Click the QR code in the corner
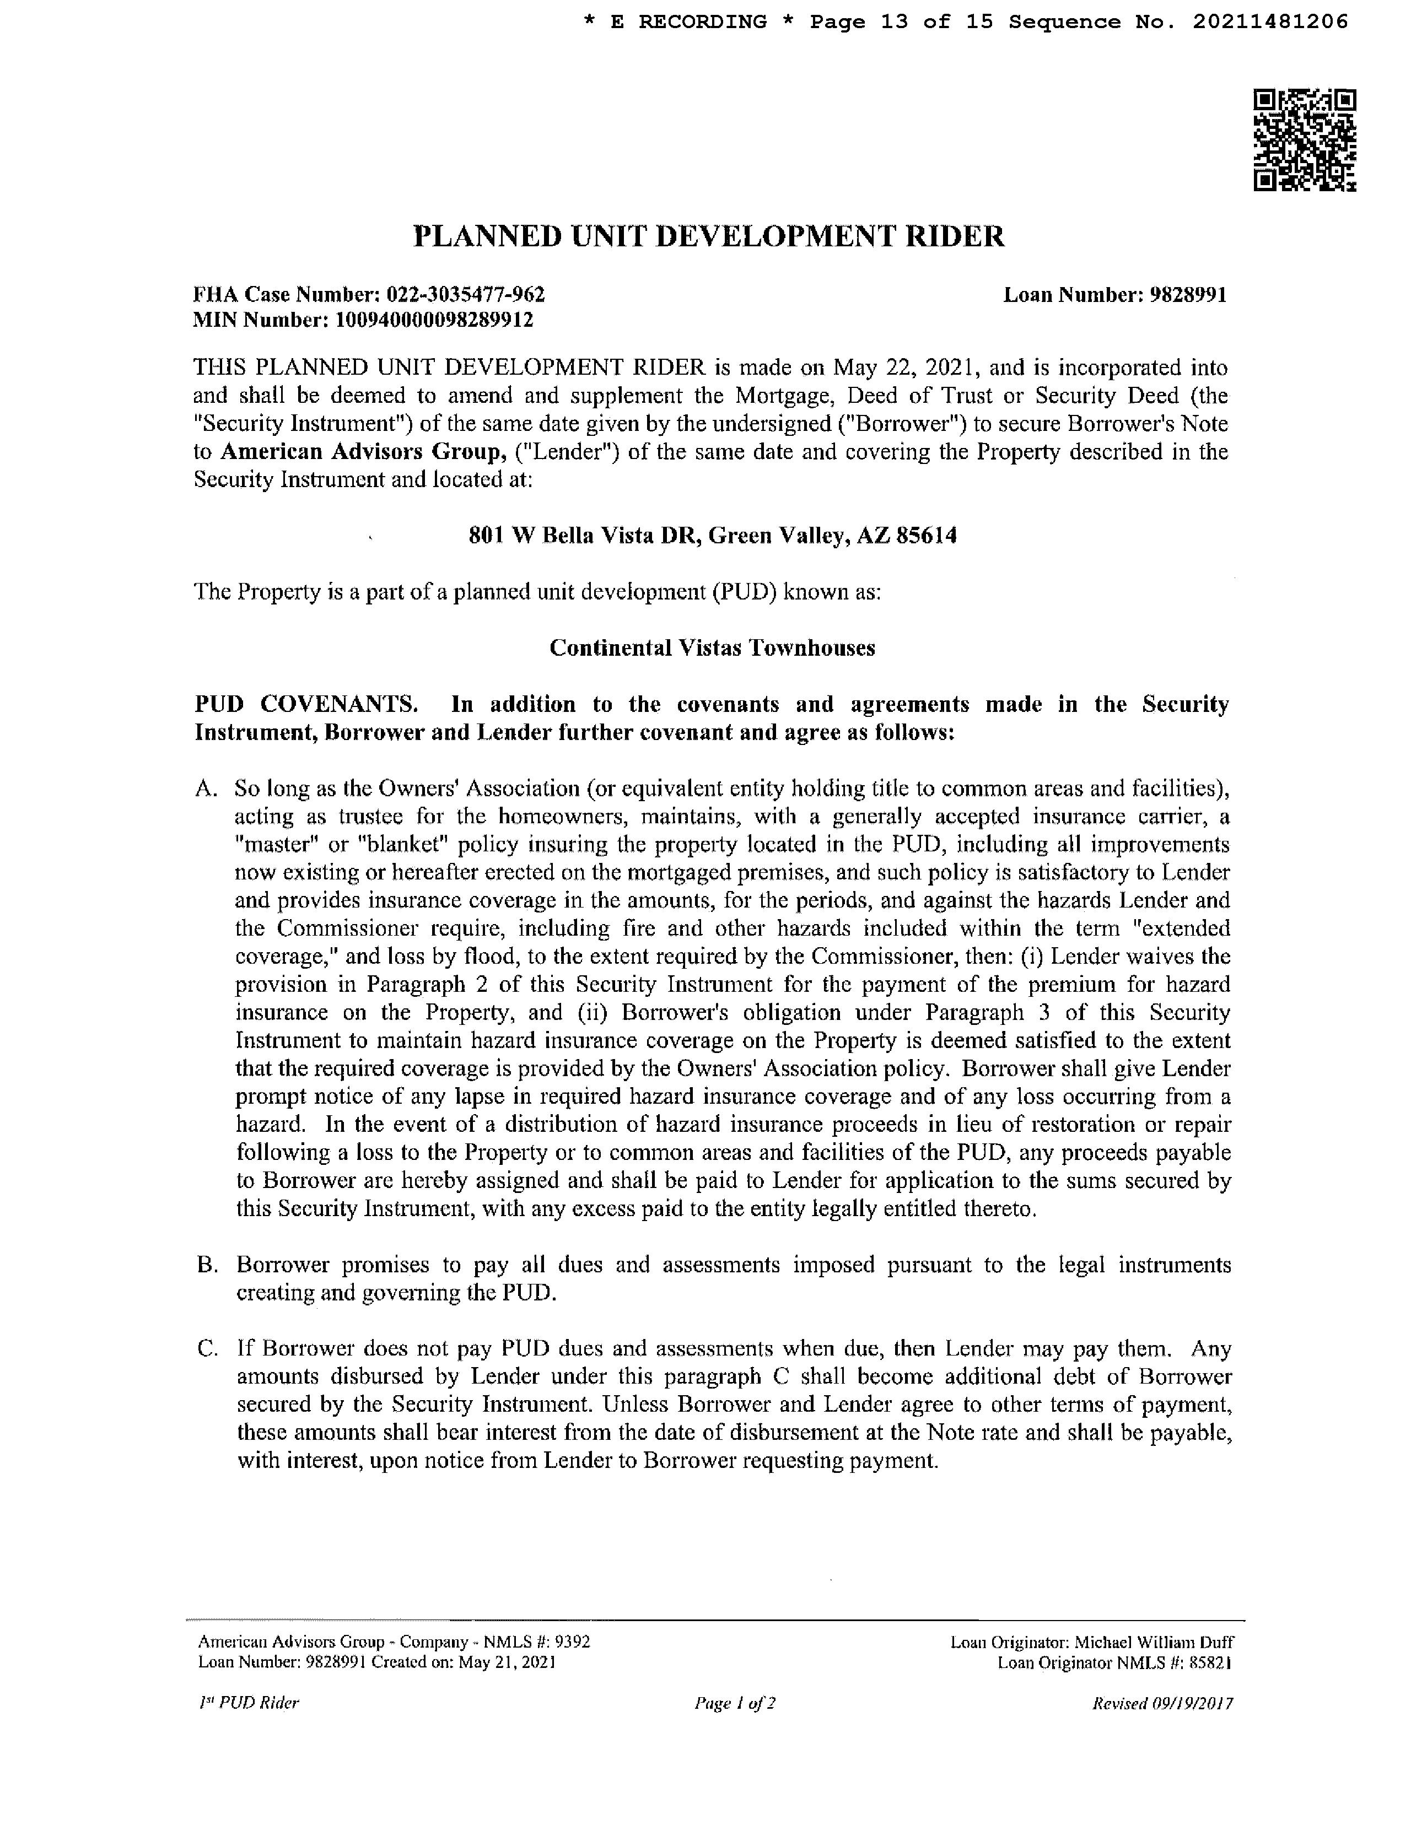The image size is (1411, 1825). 1304,141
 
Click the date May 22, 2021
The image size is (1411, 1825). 904,368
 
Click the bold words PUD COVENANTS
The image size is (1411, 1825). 306,704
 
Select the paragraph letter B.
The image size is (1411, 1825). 206,1265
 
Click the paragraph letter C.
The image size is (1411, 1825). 206,1349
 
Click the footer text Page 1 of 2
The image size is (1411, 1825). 735,1702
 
